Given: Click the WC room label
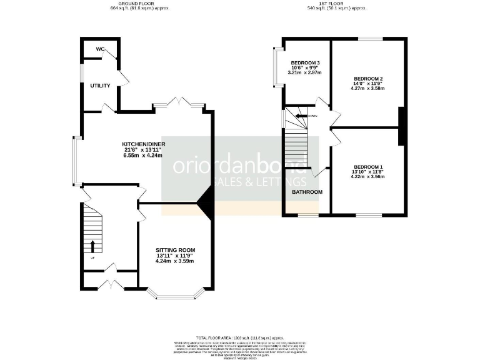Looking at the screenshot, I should click(101, 49).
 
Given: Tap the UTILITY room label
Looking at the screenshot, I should click(100, 86).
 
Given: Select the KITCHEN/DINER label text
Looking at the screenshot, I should click(143, 144).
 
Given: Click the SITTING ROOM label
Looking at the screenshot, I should click(174, 249).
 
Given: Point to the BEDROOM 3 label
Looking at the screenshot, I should click(305, 63).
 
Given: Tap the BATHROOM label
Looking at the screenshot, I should click(307, 192).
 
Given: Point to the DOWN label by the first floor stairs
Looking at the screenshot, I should click(312, 116).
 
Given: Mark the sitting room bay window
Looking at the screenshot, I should click(174, 292).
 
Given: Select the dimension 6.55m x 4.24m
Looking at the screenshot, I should click(142, 156).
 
